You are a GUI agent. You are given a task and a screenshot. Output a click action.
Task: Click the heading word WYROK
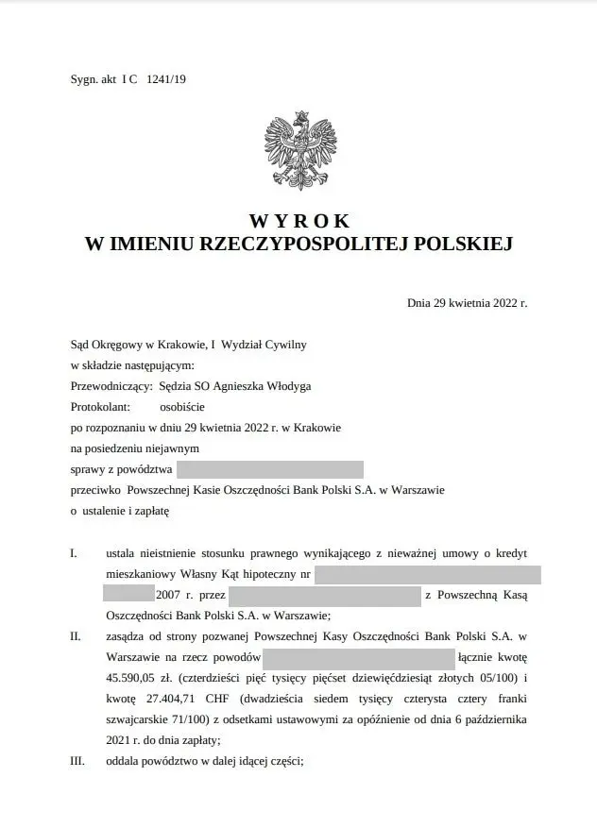coord(299,222)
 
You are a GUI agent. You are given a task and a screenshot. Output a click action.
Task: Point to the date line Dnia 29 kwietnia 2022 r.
coord(467,304)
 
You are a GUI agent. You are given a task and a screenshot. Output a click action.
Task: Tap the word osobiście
coord(180,407)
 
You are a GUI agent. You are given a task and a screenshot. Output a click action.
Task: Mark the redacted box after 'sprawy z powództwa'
coord(270,469)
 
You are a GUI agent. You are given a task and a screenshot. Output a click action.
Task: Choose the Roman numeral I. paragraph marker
coord(74,552)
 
